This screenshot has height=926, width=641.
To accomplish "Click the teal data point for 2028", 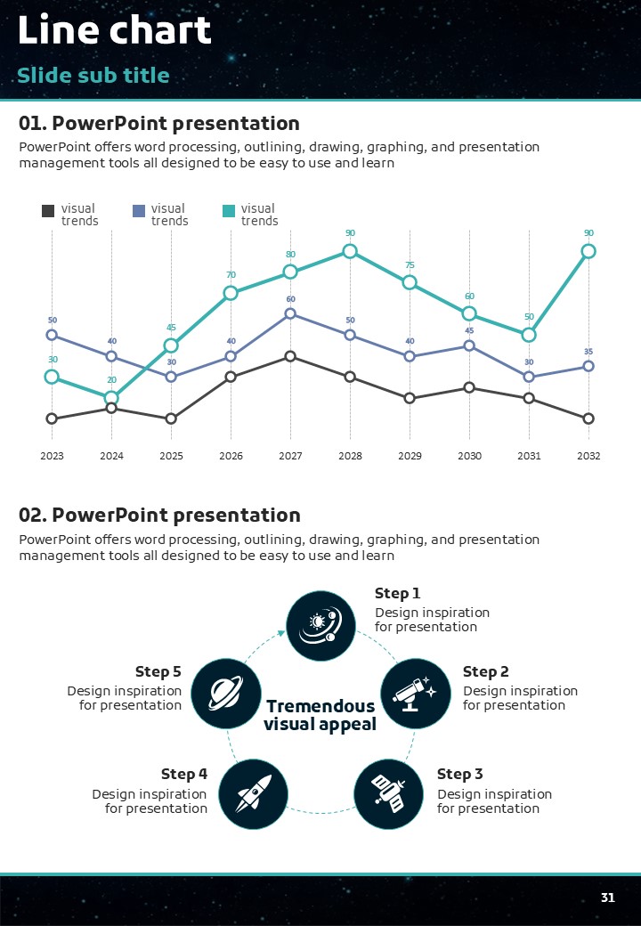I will [350, 251].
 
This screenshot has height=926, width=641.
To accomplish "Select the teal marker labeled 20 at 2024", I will [111, 398].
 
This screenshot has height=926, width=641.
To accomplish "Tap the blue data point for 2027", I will [290, 313].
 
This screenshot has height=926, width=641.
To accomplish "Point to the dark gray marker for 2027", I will [290, 356].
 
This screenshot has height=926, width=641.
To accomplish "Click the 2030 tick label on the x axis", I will [469, 456].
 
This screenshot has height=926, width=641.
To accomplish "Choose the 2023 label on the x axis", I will [52, 456].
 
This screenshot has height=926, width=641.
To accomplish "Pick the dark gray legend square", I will [48, 211].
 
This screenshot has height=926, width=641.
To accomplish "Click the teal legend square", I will [228, 211].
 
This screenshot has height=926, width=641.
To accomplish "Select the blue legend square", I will [138, 211].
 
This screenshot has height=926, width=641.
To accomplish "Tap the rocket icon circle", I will [253, 792].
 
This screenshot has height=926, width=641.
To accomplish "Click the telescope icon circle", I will [414, 691].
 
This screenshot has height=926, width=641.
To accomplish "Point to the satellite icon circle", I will [387, 792].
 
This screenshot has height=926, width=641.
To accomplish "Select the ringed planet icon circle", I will [224, 691].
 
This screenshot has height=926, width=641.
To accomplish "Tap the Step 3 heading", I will [459, 774].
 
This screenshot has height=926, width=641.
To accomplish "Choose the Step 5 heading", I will [158, 671].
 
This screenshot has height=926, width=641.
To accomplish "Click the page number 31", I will [608, 898].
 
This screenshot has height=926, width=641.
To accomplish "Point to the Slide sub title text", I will [93, 75].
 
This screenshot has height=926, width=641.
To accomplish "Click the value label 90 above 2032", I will [588, 233].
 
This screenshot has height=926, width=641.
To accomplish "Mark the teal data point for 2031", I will [529, 335].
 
